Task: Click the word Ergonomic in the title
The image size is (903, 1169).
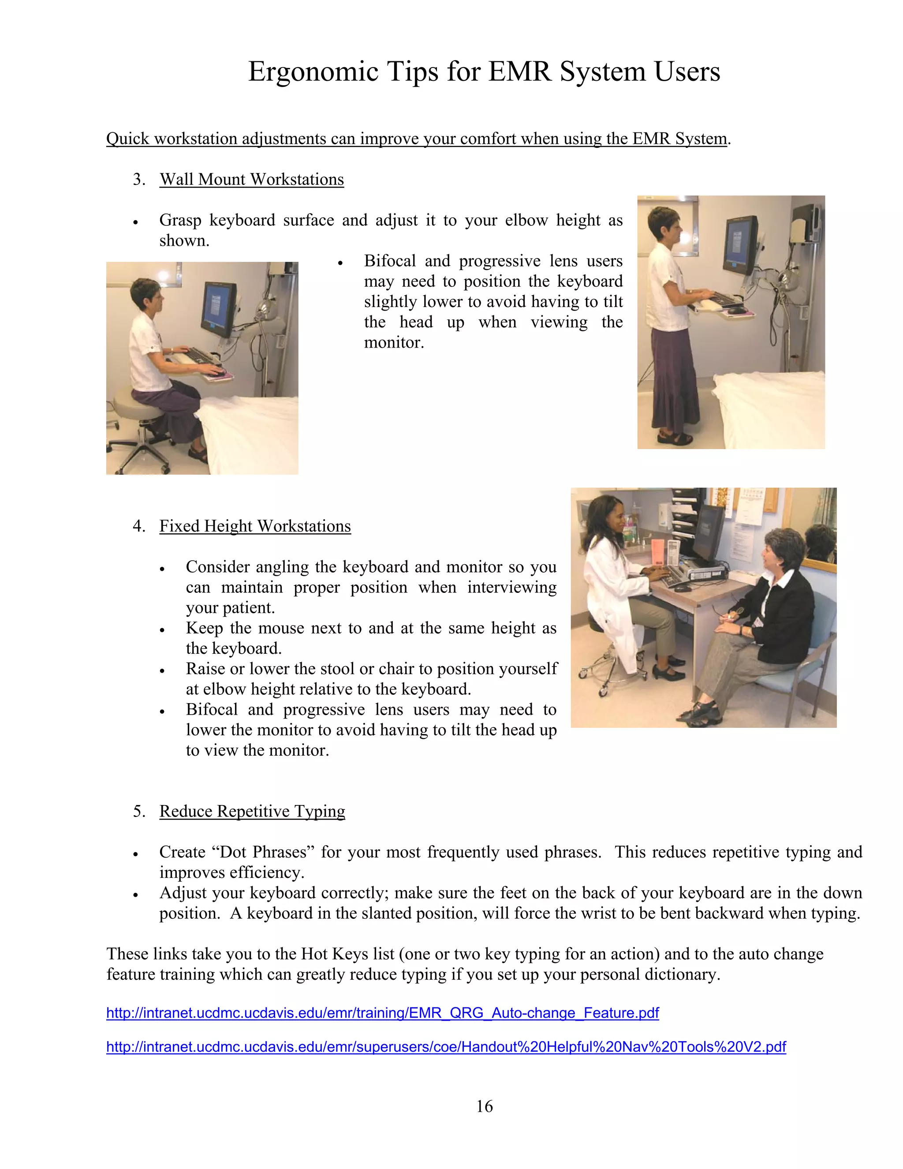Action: [x=313, y=72]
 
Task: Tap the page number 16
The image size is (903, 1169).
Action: [x=484, y=1106]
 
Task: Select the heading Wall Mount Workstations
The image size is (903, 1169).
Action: [x=251, y=179]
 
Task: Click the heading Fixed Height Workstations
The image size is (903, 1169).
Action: [x=255, y=526]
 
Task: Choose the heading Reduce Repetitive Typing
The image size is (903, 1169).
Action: [x=252, y=811]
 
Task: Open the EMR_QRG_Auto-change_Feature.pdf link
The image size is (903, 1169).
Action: [x=382, y=1013]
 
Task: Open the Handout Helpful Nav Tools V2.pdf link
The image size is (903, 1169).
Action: [x=446, y=1046]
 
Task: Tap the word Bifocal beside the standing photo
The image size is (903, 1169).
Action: [x=390, y=261]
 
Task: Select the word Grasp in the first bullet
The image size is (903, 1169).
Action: [x=179, y=220]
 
